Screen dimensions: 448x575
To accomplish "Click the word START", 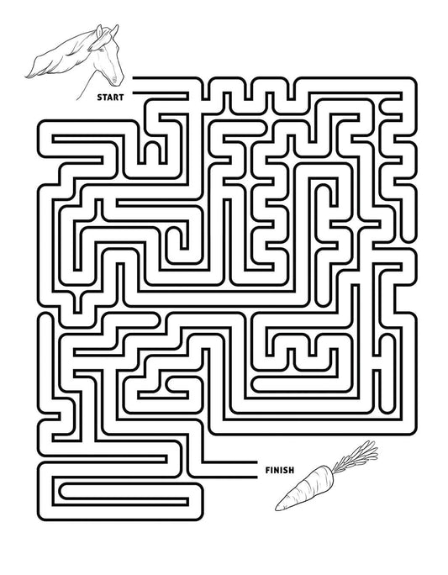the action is pyautogui.click(x=110, y=98).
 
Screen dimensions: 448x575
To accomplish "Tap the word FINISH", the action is pyautogui.click(x=280, y=470).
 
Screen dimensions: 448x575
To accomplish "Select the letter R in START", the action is pyautogui.click(x=116, y=98).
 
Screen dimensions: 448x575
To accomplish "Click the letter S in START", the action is pyautogui.click(x=99, y=98).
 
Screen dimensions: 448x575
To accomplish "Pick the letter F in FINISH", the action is pyautogui.click(x=267, y=470).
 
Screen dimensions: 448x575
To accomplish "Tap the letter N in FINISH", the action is pyautogui.click(x=276, y=470).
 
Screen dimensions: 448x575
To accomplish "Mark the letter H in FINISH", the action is pyautogui.click(x=291, y=470).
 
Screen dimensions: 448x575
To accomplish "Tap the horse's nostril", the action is pyautogui.click(x=115, y=78).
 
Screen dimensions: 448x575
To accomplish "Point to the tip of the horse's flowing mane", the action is pyautogui.click(x=26, y=76).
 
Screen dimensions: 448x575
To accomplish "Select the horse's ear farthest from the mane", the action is pyautogui.click(x=115, y=31).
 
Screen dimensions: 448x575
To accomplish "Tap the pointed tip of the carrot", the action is pyautogui.click(x=277, y=509).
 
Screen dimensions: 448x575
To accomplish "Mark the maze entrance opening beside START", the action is pyautogui.click(x=133, y=85).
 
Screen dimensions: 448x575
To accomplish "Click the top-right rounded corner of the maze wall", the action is pyautogui.click(x=414, y=81).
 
